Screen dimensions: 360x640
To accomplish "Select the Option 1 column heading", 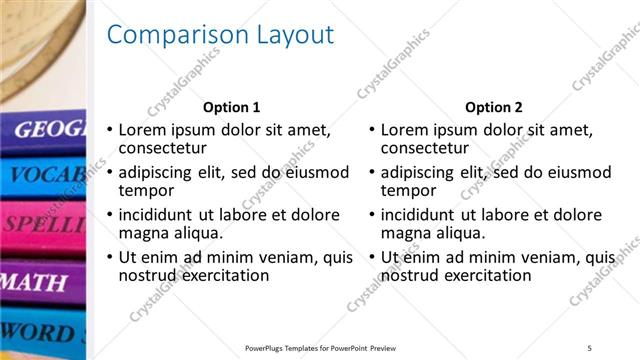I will click(231, 107).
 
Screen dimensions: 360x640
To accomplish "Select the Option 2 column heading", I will click(493, 107).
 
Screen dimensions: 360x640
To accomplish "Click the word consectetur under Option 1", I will click(161, 149).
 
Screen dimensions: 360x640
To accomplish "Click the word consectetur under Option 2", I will click(423, 149).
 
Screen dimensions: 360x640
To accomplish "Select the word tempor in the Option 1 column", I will click(146, 191).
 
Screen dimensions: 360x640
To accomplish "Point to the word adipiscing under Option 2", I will click(420, 172).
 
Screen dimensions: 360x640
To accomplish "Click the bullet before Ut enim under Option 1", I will click(110, 258).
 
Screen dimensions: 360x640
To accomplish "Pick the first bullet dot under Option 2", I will click(372, 130).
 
